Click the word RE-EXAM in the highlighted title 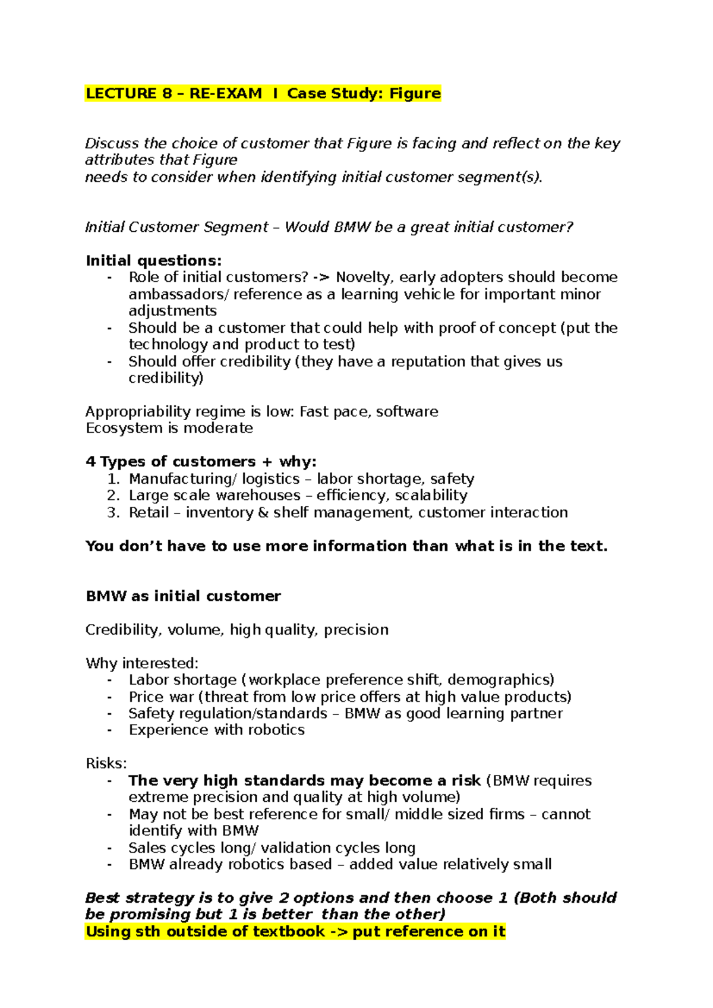click(x=225, y=93)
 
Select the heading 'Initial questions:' click(x=153, y=260)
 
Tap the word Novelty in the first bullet click(x=364, y=277)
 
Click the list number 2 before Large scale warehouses click(x=113, y=495)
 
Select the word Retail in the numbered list click(x=149, y=512)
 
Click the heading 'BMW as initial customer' click(x=183, y=596)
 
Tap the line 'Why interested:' click(x=142, y=663)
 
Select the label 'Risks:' click(x=106, y=763)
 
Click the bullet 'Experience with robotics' click(x=216, y=730)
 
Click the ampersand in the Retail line click(x=263, y=512)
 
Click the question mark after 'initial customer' click(x=569, y=227)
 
